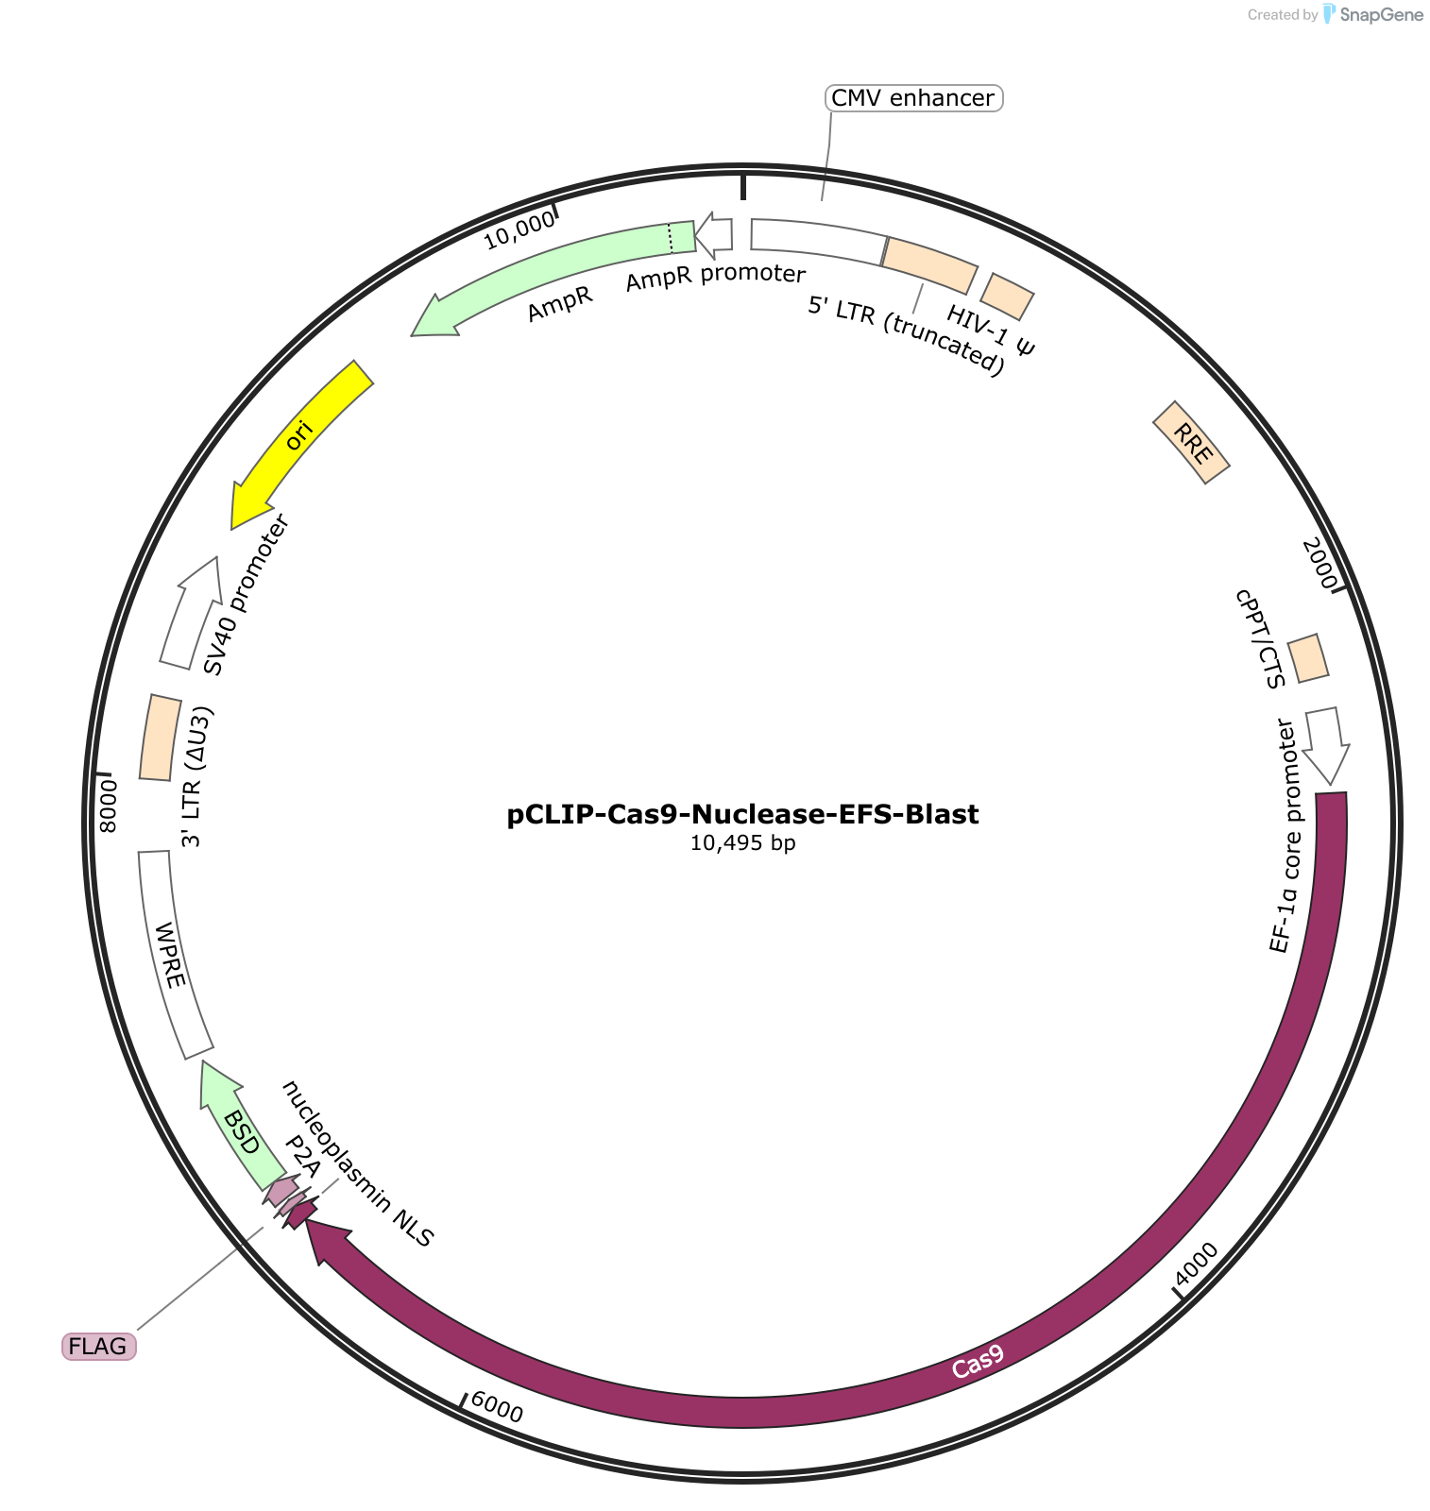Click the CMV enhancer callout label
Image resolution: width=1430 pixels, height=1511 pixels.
pyautogui.click(x=913, y=98)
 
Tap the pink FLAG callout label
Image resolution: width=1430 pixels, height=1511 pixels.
pyautogui.click(x=98, y=1346)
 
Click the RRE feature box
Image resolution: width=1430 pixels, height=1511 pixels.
pyautogui.click(x=1192, y=443)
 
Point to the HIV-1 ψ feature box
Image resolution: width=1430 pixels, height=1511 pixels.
pyautogui.click(x=1008, y=297)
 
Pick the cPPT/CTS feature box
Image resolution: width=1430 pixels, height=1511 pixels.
pyautogui.click(x=1309, y=658)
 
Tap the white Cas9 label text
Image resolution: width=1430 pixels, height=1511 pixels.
pyautogui.click(x=978, y=1362)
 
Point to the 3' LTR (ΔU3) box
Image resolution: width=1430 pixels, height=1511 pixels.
pyautogui.click(x=160, y=738)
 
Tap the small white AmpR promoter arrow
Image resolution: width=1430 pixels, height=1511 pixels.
pyautogui.click(x=715, y=236)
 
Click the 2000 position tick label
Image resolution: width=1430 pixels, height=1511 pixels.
pyautogui.click(x=1320, y=563)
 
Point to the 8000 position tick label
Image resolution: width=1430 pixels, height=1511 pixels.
pyautogui.click(x=109, y=806)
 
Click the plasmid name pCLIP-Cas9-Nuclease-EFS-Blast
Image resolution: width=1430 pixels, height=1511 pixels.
pyautogui.click(x=743, y=814)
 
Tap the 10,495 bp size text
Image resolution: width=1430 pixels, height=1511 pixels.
pyautogui.click(x=743, y=842)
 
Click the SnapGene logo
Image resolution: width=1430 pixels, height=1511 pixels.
pyautogui.click(x=1374, y=14)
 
